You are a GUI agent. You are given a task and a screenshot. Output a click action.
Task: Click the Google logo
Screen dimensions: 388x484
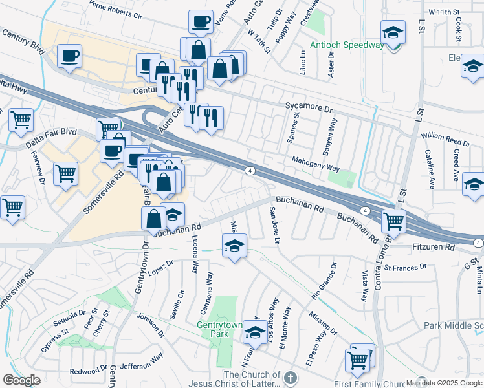21,380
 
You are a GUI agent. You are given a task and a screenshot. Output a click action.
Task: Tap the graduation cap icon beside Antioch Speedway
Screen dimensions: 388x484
392,34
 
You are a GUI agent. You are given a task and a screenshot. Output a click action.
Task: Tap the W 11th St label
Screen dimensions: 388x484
443,12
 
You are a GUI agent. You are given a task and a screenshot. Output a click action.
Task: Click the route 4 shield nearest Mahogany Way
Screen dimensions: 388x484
249,171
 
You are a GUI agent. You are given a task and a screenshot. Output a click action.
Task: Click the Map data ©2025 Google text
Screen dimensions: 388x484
444,383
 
